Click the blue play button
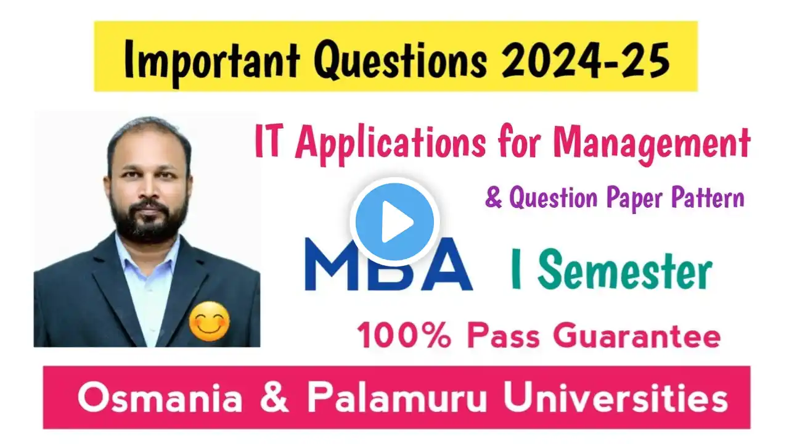pos(394,221)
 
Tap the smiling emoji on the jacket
pos(209,321)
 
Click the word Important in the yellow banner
pos(212,60)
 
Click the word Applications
pos(391,144)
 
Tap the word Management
pos(652,145)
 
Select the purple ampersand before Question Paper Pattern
pos(493,198)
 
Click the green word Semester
pos(624,270)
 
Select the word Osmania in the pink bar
pos(160,398)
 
